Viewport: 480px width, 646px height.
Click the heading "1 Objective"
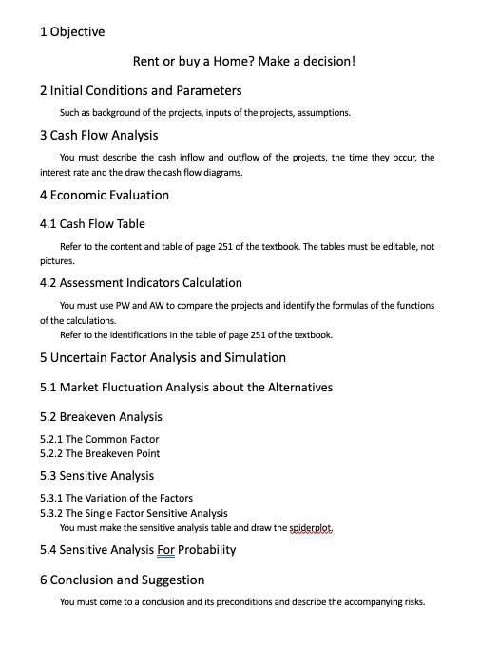coord(72,32)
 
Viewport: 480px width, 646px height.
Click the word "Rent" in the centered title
coord(146,62)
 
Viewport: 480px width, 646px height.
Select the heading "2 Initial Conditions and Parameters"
coord(141,91)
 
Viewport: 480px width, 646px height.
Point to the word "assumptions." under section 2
coord(324,113)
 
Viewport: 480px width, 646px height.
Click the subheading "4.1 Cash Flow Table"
coord(92,224)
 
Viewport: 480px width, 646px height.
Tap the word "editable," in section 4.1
coord(395,246)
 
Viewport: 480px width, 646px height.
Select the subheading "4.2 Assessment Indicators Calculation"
coord(141,283)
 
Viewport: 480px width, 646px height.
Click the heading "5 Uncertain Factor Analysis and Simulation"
coord(163,358)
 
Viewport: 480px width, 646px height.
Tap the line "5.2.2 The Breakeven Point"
coord(100,454)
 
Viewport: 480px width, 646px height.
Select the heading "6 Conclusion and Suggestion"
coord(122,579)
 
